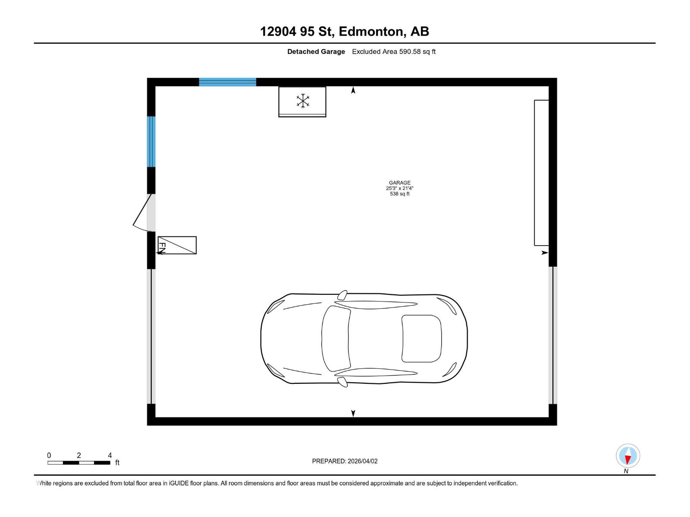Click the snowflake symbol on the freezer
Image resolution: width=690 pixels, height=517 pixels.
tap(303, 101)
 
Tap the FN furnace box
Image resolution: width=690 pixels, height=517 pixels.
tap(177, 245)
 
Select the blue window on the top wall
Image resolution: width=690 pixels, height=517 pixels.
tap(227, 82)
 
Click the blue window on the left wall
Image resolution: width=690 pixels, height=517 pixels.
tap(151, 141)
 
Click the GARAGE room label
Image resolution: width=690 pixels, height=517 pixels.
tap(399, 183)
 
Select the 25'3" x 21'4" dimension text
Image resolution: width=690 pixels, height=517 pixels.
tap(399, 188)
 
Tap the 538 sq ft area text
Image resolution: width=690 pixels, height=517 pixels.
tap(399, 194)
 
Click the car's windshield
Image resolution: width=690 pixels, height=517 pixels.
tap(336, 338)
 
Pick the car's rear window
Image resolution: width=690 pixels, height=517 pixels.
tap(421, 338)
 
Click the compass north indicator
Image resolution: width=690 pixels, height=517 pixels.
tap(627, 456)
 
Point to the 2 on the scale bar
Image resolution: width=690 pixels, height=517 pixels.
tap(79, 455)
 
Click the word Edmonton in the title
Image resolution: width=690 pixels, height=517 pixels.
tap(372, 31)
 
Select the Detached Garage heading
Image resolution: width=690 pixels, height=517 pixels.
tap(316, 52)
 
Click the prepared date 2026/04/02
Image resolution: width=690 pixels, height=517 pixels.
tap(362, 461)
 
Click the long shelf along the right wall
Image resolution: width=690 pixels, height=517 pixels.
tap(541, 172)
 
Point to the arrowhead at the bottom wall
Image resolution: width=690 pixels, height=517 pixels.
tap(353, 413)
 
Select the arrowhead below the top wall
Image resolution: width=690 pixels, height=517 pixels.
tap(353, 90)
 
